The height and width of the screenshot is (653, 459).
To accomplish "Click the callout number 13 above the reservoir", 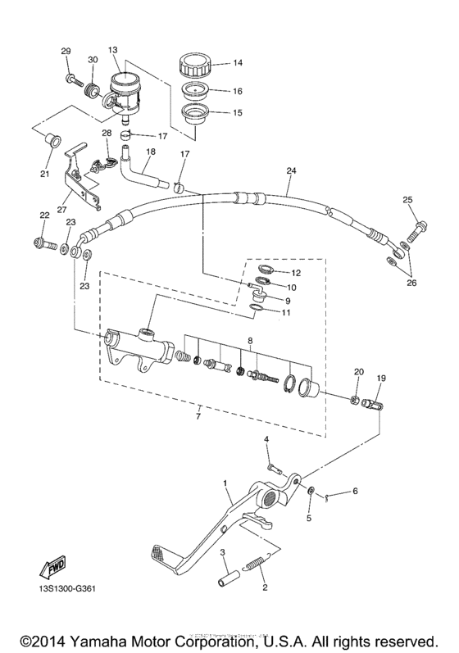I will point(113,49).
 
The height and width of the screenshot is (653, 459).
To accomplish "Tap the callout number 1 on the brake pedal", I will point(225,484).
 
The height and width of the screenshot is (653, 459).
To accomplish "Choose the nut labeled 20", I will point(355,399).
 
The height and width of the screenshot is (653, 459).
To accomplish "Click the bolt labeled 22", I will point(43,243).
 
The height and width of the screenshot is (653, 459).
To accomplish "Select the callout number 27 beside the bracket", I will point(62,210).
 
